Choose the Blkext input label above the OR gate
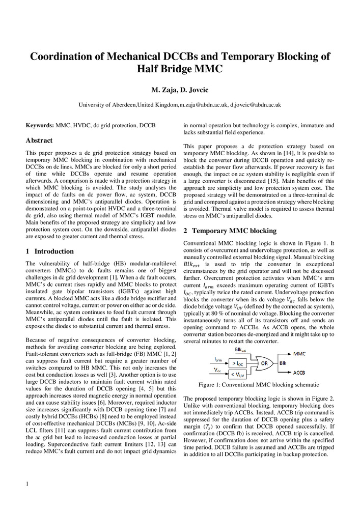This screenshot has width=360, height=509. click(241, 350)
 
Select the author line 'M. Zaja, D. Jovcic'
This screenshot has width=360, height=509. click(180, 91)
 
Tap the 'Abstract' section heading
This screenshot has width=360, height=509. click(39, 140)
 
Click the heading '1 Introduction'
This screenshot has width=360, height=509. click(49, 251)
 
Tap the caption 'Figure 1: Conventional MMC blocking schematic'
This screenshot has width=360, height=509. click(259, 385)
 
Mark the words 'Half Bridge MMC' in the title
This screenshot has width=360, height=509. click(180, 69)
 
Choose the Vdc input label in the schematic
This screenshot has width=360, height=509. click(217, 370)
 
